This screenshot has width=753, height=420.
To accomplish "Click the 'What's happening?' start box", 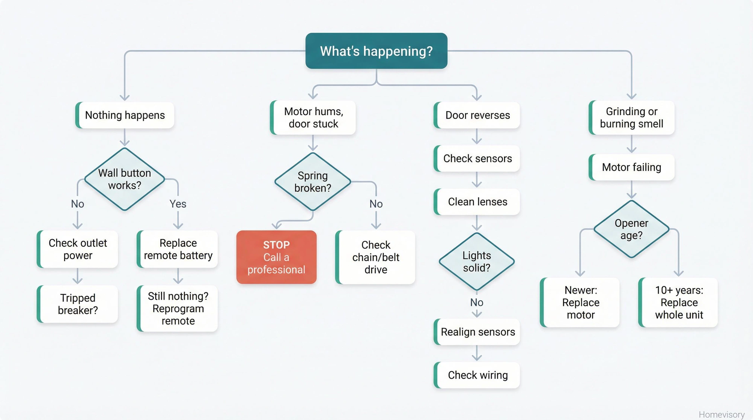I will click(x=376, y=51).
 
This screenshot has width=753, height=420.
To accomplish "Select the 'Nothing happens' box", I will click(x=125, y=115).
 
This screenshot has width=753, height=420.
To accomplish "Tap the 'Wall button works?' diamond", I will click(x=125, y=179).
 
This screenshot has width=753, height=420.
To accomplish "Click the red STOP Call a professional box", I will click(x=276, y=257).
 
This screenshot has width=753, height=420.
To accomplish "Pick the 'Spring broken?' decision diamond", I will click(x=312, y=182).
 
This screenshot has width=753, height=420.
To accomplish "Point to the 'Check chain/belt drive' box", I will click(x=375, y=257).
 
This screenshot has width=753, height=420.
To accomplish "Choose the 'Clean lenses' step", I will click(x=477, y=202).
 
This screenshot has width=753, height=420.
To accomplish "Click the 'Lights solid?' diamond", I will click(x=477, y=262).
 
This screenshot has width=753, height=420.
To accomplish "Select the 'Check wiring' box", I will click(x=477, y=375).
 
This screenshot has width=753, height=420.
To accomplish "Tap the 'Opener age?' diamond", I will click(x=631, y=229).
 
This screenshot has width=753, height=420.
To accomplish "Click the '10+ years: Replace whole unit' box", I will click(x=678, y=302).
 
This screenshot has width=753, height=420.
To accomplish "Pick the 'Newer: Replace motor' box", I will click(x=580, y=302).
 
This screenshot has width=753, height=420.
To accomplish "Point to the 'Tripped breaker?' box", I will click(x=78, y=304).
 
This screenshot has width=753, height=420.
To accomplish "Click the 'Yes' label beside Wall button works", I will click(x=178, y=204).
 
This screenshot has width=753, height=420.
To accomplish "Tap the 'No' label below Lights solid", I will click(x=477, y=302).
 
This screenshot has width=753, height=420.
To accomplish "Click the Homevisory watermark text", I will click(x=721, y=414).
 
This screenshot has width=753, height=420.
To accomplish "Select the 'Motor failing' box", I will click(x=631, y=167).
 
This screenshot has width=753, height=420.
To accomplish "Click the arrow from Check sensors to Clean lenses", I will click(x=477, y=180).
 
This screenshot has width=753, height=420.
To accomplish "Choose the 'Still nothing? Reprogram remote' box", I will click(x=178, y=309).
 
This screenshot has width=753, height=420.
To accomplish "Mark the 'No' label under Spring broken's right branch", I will click(x=376, y=204).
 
